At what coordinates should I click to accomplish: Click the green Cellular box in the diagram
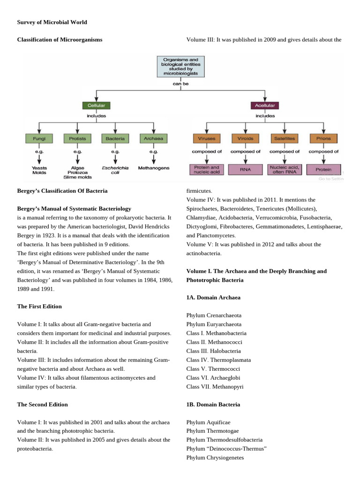[x=97, y=105]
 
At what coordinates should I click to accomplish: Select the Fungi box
[x=38, y=138]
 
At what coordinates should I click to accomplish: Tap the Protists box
[x=77, y=138]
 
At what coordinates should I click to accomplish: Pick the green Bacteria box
[x=115, y=138]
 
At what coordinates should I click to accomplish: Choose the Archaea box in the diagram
[x=153, y=138]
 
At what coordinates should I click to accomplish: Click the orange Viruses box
[x=207, y=138]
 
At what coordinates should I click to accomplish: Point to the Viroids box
[x=245, y=138]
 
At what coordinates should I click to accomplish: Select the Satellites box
[x=284, y=138]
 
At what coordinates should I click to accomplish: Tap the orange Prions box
[x=323, y=138]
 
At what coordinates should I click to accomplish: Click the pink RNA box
[x=245, y=170]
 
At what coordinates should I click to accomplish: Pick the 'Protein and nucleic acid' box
[x=207, y=170]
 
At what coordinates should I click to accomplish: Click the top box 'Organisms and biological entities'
[x=180, y=67]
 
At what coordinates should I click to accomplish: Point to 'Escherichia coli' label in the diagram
[x=115, y=170]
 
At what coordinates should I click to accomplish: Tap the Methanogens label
[x=154, y=167]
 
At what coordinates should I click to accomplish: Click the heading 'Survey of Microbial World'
[x=52, y=22]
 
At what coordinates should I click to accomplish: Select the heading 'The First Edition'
[x=39, y=306]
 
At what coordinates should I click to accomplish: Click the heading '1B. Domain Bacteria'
[x=213, y=404]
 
